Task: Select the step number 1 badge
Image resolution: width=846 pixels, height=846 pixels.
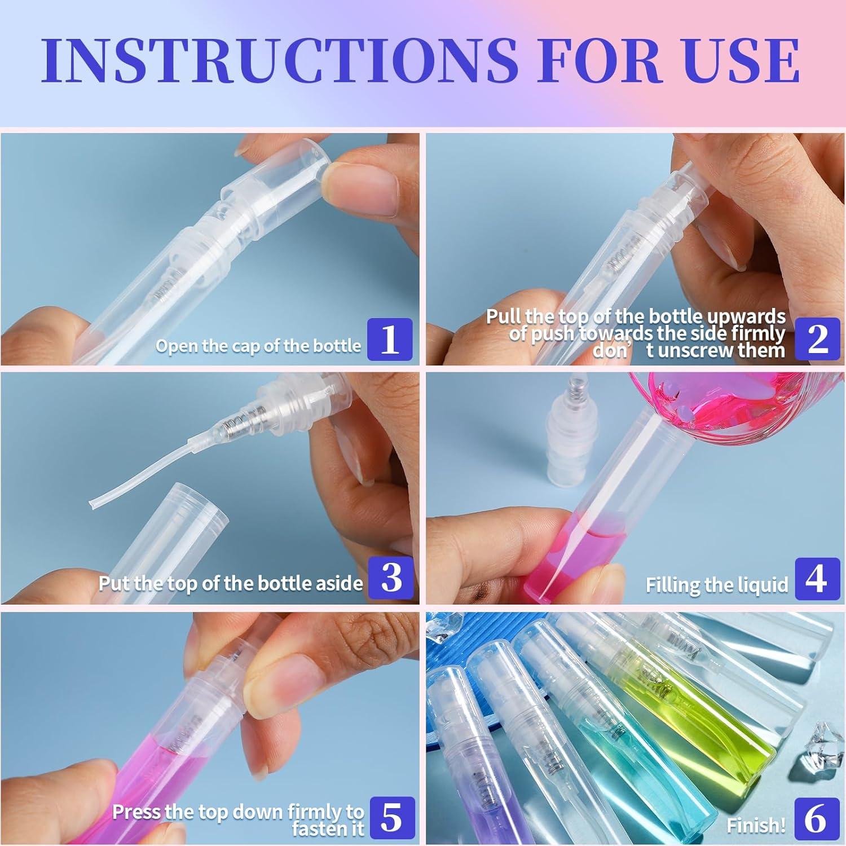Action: (390, 339)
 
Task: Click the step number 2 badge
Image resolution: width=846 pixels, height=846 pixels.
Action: (817, 339)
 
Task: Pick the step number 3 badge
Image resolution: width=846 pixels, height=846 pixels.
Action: (391, 578)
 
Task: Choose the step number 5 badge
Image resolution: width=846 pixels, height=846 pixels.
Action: (393, 817)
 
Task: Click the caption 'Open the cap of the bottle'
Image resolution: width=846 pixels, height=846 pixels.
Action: (258, 345)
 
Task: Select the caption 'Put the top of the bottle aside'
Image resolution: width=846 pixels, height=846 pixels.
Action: (231, 583)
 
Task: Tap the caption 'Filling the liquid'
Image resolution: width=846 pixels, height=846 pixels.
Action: (717, 585)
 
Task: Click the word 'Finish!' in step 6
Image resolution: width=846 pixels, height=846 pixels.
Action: (756, 826)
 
